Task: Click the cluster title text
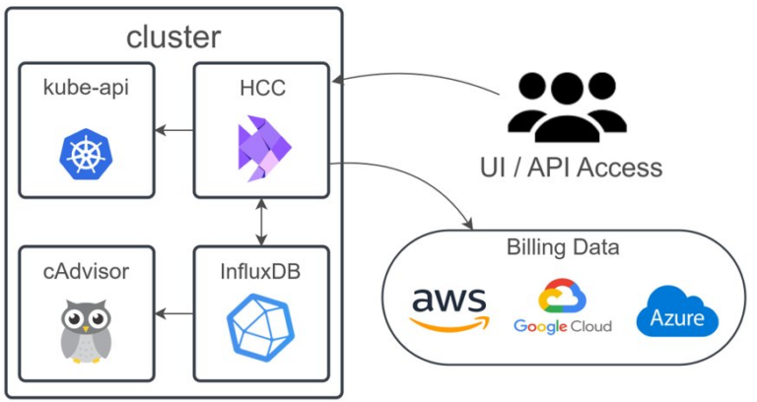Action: point(173,36)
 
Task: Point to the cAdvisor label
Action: point(86,271)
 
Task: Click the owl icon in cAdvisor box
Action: point(86,331)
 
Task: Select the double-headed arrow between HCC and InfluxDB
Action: point(260,222)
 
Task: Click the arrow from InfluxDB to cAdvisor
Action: point(174,314)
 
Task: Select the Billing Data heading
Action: point(563,246)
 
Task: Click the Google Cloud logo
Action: point(562,307)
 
